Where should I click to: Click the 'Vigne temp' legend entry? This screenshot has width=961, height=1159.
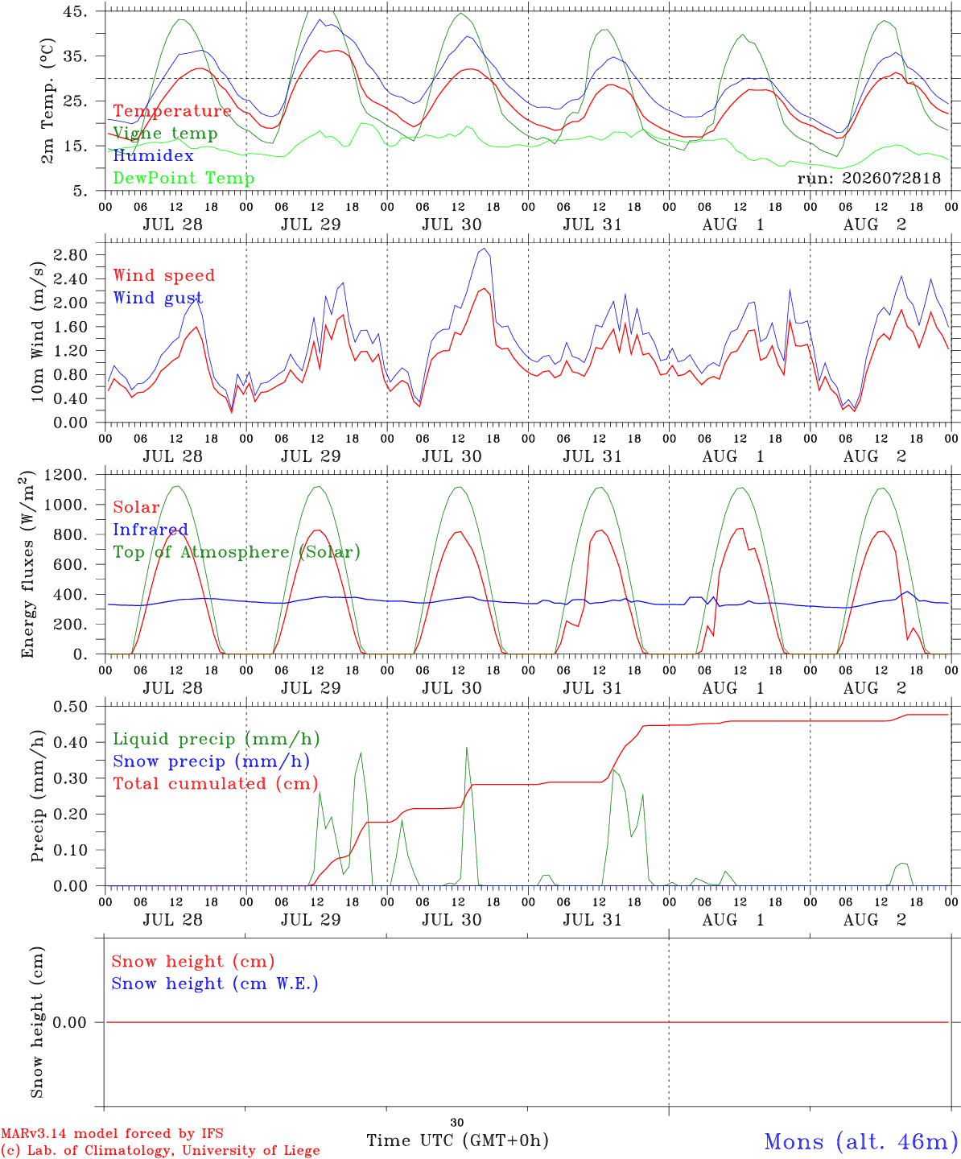click(x=165, y=134)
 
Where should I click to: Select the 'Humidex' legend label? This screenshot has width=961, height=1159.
click(x=153, y=155)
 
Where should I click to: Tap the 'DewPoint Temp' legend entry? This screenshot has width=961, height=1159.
click(x=184, y=178)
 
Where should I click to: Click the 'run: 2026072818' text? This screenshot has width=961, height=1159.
click(x=868, y=178)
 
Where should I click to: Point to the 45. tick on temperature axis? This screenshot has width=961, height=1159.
click(x=75, y=11)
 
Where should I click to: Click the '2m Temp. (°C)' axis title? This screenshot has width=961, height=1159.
click(x=47, y=101)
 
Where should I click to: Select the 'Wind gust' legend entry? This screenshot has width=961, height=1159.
click(x=159, y=298)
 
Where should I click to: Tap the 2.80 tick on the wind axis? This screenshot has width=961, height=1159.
click(x=70, y=255)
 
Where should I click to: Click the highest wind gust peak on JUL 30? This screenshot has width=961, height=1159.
click(x=485, y=249)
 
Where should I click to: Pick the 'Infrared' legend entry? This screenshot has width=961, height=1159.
click(x=151, y=530)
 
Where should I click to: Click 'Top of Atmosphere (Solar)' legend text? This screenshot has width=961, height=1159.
click(x=237, y=552)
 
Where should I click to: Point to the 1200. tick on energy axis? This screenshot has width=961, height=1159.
click(x=66, y=475)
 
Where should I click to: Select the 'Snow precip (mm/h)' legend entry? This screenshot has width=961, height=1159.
click(x=211, y=761)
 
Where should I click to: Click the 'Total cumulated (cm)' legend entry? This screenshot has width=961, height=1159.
click(x=216, y=784)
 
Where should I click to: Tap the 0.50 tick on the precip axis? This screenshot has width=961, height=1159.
click(x=70, y=707)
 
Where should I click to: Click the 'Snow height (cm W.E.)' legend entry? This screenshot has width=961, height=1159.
click(x=215, y=984)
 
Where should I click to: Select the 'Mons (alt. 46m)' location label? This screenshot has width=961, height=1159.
click(x=856, y=1141)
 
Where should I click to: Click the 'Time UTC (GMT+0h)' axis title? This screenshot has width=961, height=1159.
click(x=457, y=1140)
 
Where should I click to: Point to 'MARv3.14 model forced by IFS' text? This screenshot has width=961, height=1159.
click(x=112, y=1133)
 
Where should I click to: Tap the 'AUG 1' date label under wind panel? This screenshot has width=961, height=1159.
click(x=733, y=456)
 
